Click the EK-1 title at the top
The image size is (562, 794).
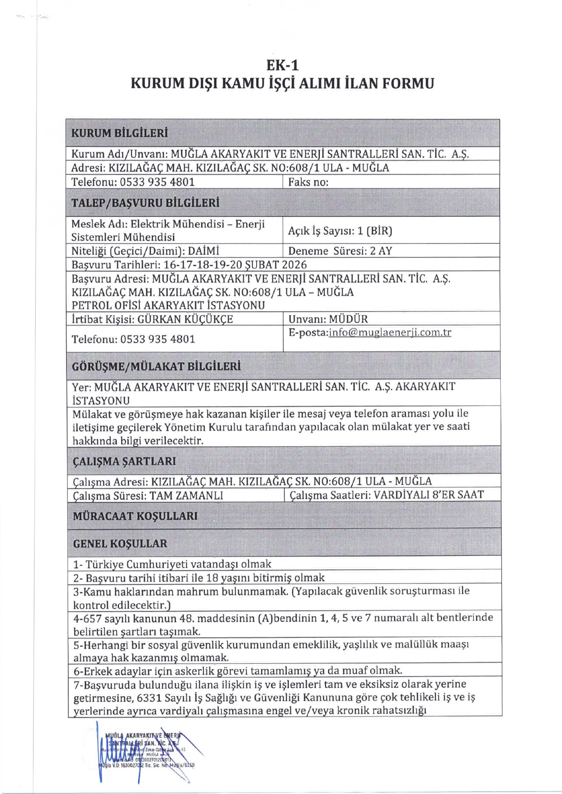[282, 65]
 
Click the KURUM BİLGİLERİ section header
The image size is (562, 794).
[120, 133]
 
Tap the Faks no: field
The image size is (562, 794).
[308, 182]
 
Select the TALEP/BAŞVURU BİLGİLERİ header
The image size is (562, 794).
[145, 203]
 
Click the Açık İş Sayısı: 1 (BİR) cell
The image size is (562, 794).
[340, 231]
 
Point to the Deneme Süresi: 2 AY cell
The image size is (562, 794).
[340, 251]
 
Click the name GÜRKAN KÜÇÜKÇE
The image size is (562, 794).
[185, 319]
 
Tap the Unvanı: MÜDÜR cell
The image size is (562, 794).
[328, 319]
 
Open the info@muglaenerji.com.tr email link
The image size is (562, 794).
[390, 332]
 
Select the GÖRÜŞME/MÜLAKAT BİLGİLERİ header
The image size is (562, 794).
[156, 366]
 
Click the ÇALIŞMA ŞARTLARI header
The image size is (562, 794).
[124, 461]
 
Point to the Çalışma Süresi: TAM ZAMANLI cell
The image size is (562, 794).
[148, 495]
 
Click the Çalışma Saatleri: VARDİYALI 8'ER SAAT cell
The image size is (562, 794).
[387, 495]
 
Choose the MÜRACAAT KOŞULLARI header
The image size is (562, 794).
[135, 516]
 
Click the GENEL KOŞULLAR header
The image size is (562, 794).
[120, 543]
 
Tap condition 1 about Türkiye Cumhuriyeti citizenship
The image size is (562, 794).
[172, 564]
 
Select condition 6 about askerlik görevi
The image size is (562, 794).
[238, 670]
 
